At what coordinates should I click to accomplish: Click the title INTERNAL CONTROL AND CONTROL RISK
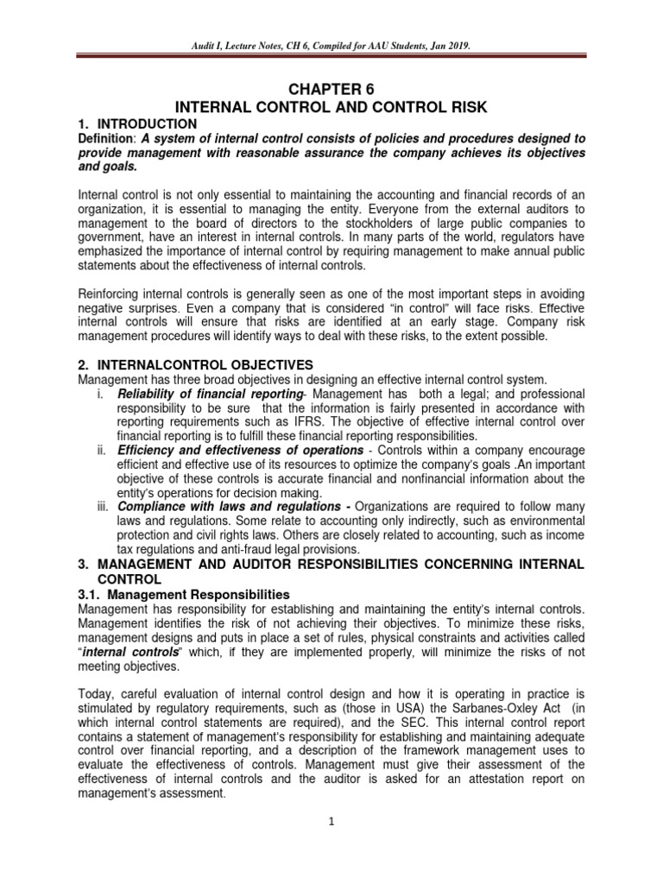[331, 107]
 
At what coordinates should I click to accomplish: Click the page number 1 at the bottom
[331, 824]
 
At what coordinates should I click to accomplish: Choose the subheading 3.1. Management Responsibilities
[183, 596]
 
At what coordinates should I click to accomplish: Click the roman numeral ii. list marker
[100, 451]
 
